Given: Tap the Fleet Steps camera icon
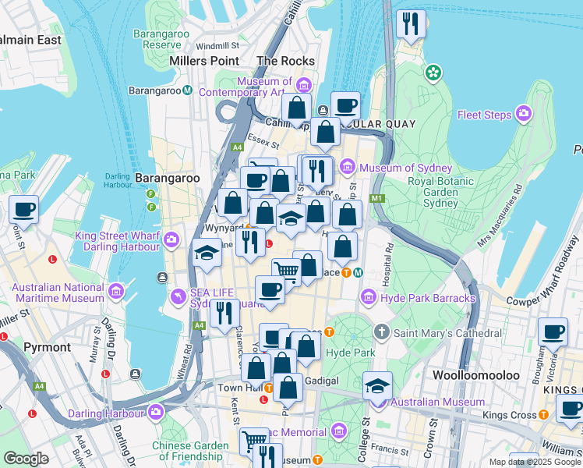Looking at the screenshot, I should tap(523, 115).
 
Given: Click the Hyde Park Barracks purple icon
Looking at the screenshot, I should tap(369, 298).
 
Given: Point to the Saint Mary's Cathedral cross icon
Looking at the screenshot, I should tap(381, 332).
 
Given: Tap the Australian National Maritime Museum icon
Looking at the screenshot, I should tap(116, 292).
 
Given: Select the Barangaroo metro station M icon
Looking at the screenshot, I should tap(188, 90).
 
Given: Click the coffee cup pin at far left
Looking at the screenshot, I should tap(23, 209).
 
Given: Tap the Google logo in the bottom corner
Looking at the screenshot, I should tap(26, 459).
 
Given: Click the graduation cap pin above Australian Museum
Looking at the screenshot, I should tap(377, 385).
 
